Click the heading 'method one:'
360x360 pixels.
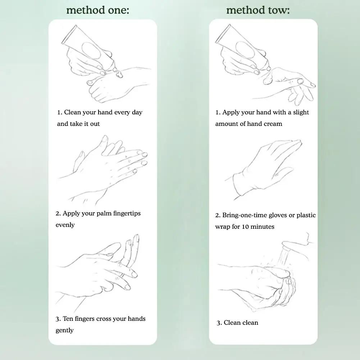coord(97,10)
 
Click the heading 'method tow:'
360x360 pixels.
coord(258,10)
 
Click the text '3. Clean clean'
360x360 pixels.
coord(237,323)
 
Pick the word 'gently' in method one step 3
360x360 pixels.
coord(65,331)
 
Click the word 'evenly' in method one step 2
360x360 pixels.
coord(65,225)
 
